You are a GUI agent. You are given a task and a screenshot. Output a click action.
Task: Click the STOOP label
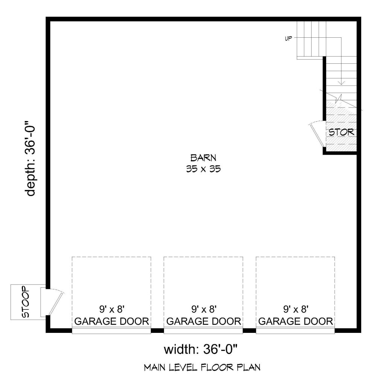[26, 302]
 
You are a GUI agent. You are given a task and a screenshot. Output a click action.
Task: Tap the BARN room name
[203, 158]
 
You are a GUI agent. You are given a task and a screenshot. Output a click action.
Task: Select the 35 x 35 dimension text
[203, 169]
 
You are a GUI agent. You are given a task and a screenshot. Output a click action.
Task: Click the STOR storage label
[341, 132]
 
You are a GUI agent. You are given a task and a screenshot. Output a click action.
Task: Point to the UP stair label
[288, 38]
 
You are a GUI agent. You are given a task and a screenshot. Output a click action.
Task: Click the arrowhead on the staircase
[341, 83]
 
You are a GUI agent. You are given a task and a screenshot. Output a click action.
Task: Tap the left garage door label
[111, 321]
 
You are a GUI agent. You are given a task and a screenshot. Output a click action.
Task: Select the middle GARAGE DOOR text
[204, 321]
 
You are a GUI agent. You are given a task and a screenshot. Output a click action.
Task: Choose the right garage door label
[295, 321]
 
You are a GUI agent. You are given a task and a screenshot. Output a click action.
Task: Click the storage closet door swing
[317, 134]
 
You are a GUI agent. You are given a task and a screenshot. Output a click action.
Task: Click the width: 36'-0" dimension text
[201, 349]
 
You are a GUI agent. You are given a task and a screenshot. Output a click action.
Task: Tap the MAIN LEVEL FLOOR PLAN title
[202, 368]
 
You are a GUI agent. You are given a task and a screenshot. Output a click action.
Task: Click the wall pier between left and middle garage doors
[157, 330]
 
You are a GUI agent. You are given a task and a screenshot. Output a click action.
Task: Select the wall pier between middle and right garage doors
[249, 330]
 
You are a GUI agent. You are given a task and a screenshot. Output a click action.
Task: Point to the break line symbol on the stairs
[339, 98]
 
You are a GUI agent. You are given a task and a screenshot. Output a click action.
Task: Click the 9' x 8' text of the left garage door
[111, 309]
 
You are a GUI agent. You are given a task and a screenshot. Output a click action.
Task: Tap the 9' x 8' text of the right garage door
[295, 309]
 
